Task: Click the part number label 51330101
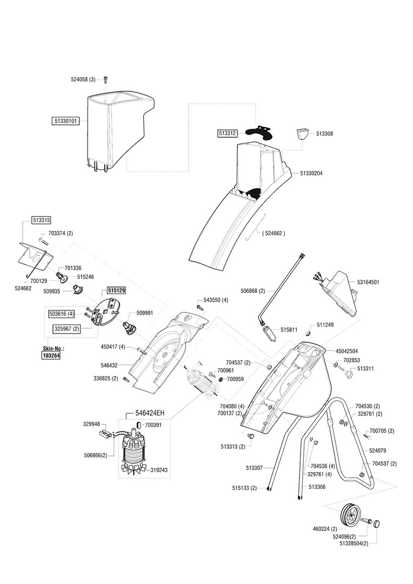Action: click(x=65, y=121)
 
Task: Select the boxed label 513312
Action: click(x=228, y=132)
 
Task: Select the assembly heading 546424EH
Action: click(x=145, y=413)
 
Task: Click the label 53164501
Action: click(x=368, y=282)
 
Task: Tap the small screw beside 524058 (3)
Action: click(x=105, y=79)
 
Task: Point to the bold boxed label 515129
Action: click(x=116, y=290)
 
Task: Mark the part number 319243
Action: click(x=159, y=470)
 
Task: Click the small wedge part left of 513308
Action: click(x=302, y=133)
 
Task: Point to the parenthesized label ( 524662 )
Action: click(x=273, y=233)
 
